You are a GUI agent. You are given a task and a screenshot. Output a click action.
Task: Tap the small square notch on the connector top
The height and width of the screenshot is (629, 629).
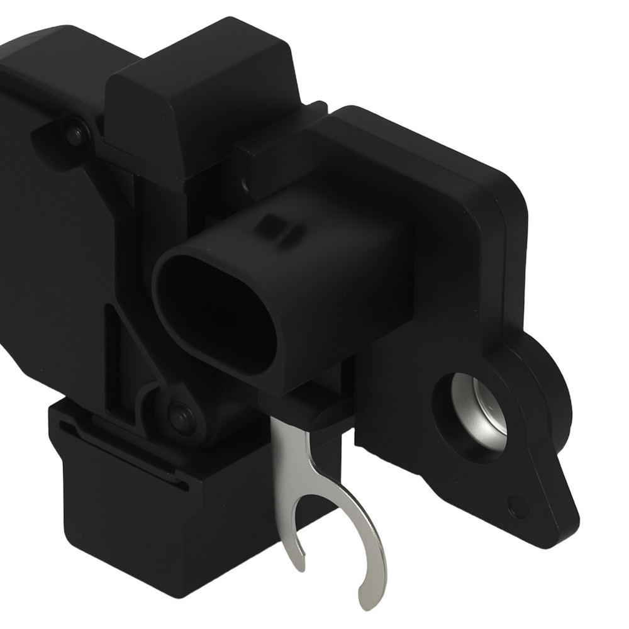tap(272, 224)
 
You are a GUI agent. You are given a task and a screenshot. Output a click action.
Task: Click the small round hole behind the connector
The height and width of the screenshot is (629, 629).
tap(245, 186)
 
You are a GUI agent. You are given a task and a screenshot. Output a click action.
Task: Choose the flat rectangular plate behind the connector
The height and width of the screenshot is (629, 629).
tap(440, 208)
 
